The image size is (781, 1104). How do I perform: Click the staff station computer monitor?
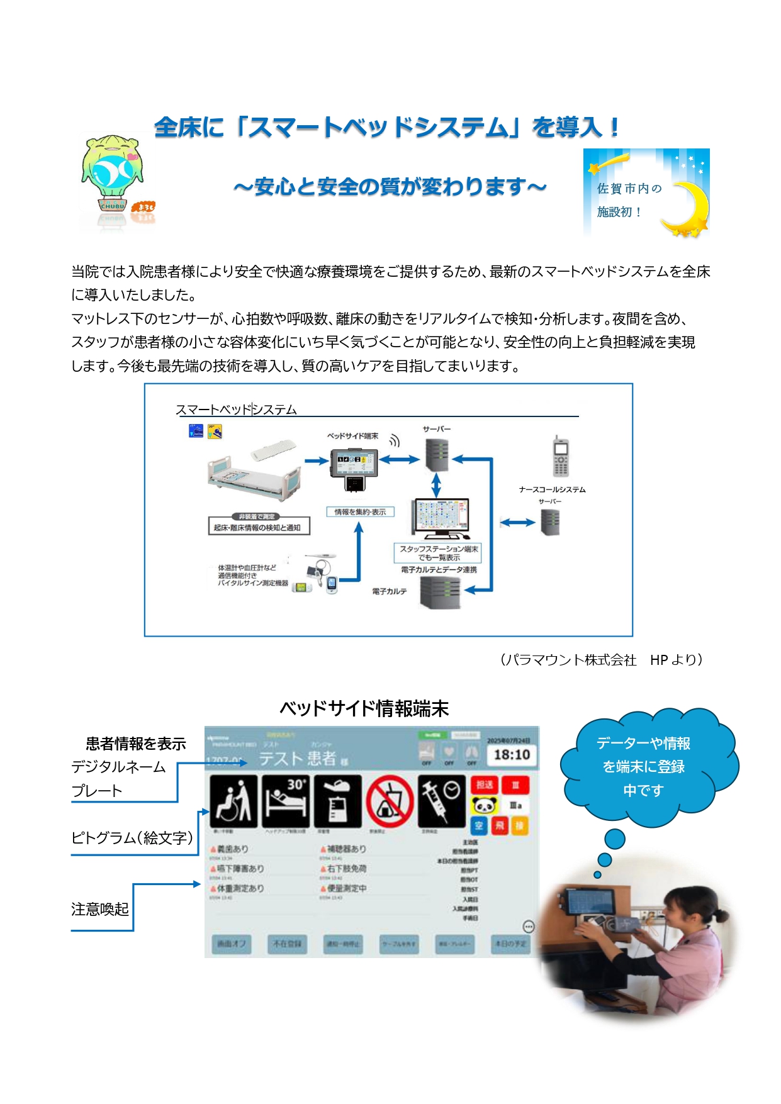point(441,518)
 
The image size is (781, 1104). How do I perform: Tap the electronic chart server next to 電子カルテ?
point(440,592)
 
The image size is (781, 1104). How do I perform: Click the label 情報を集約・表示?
point(360,512)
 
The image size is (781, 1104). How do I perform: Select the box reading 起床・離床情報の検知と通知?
point(259,527)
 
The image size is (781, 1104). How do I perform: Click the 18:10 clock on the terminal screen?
point(511,755)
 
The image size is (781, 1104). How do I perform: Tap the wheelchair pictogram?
point(233,801)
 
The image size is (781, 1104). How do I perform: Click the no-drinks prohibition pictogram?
point(390,801)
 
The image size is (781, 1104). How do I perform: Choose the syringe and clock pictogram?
point(442,801)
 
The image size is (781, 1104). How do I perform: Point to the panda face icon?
point(485,805)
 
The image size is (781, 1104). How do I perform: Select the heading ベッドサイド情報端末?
point(364,708)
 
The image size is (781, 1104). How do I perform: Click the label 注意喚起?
point(100,909)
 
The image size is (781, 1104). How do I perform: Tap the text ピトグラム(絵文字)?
point(132,838)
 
